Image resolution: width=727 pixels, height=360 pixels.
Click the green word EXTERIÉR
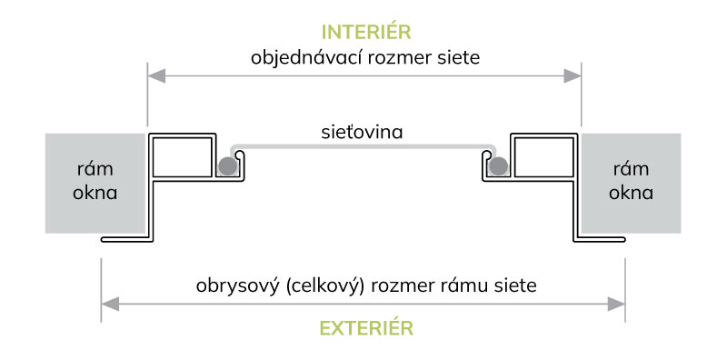[x=363, y=326]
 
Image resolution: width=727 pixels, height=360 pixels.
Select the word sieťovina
[x=363, y=132]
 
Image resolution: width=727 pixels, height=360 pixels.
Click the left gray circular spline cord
[x=225, y=165]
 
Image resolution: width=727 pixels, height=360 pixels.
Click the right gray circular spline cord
[x=498, y=165]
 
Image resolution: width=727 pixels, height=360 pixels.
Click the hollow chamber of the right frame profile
[x=543, y=156]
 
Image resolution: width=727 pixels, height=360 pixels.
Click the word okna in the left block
[x=95, y=193]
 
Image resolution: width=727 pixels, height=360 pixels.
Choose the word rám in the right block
[x=631, y=170]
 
